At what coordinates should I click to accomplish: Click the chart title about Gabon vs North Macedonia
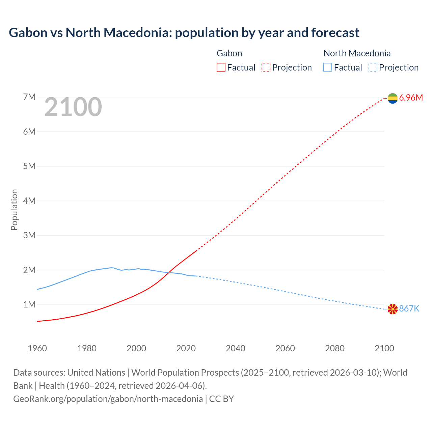pos(184,33)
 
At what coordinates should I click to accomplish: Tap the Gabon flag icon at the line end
pos(393,98)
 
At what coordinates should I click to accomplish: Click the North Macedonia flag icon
pos(393,309)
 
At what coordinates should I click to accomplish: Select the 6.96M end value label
pos(411,98)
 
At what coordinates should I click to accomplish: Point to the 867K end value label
pos(409,309)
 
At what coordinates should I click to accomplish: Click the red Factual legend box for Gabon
pos(221,67)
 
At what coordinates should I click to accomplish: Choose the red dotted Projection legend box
pos(266,67)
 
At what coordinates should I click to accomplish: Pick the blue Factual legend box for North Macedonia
pos(328,67)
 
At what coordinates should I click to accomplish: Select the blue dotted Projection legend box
pos(373,67)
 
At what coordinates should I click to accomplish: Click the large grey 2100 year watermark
pos(73,107)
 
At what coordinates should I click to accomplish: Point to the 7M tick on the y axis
pos(29,97)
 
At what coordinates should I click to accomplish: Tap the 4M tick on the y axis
pos(29,201)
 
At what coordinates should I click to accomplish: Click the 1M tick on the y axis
pos(29,305)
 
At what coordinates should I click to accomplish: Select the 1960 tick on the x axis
pos(37,348)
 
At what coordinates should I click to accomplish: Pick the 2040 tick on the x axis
pos(236,348)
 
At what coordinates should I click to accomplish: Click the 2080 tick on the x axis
pos(335,348)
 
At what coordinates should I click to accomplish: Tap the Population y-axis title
pos(14,210)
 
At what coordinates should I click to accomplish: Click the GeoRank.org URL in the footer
pos(108,399)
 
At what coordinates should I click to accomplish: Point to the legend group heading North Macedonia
pos(357,53)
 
